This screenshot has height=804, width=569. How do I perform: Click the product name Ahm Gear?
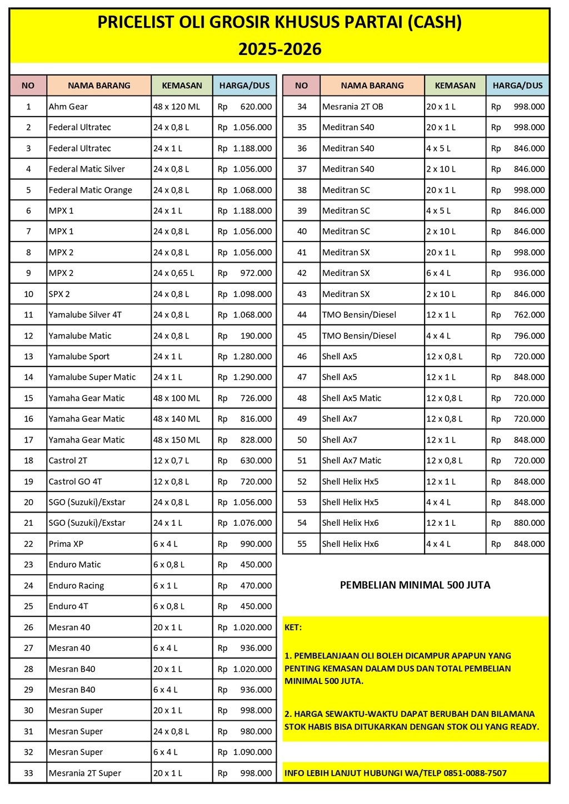coord(68,107)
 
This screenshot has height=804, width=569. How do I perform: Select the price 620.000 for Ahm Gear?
coord(256,107)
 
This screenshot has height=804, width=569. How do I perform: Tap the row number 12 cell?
coord(28,336)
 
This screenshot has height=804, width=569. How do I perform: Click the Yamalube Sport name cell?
coord(79,356)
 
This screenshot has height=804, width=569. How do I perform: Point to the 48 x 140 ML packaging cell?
coord(177,419)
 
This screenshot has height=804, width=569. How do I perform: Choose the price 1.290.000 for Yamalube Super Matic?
coord(252,377)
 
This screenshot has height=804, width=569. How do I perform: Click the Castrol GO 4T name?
coord(75,481)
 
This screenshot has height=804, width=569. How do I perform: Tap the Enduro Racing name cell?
coord(76,586)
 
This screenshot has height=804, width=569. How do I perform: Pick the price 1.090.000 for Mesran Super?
coord(252,752)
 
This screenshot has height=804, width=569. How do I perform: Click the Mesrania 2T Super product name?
coord(84,773)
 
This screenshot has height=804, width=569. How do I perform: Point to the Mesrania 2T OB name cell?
coord(352,107)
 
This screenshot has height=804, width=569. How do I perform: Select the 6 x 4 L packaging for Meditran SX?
coord(438,273)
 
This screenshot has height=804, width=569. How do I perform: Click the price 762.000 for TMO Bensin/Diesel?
coord(529,315)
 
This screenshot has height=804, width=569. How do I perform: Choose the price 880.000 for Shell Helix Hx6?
coord(529,523)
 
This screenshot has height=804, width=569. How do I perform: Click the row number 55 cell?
coord(302,544)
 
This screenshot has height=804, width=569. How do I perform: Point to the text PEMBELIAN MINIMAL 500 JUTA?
coord(415,585)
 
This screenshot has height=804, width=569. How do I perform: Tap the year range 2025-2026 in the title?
coord(280,49)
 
